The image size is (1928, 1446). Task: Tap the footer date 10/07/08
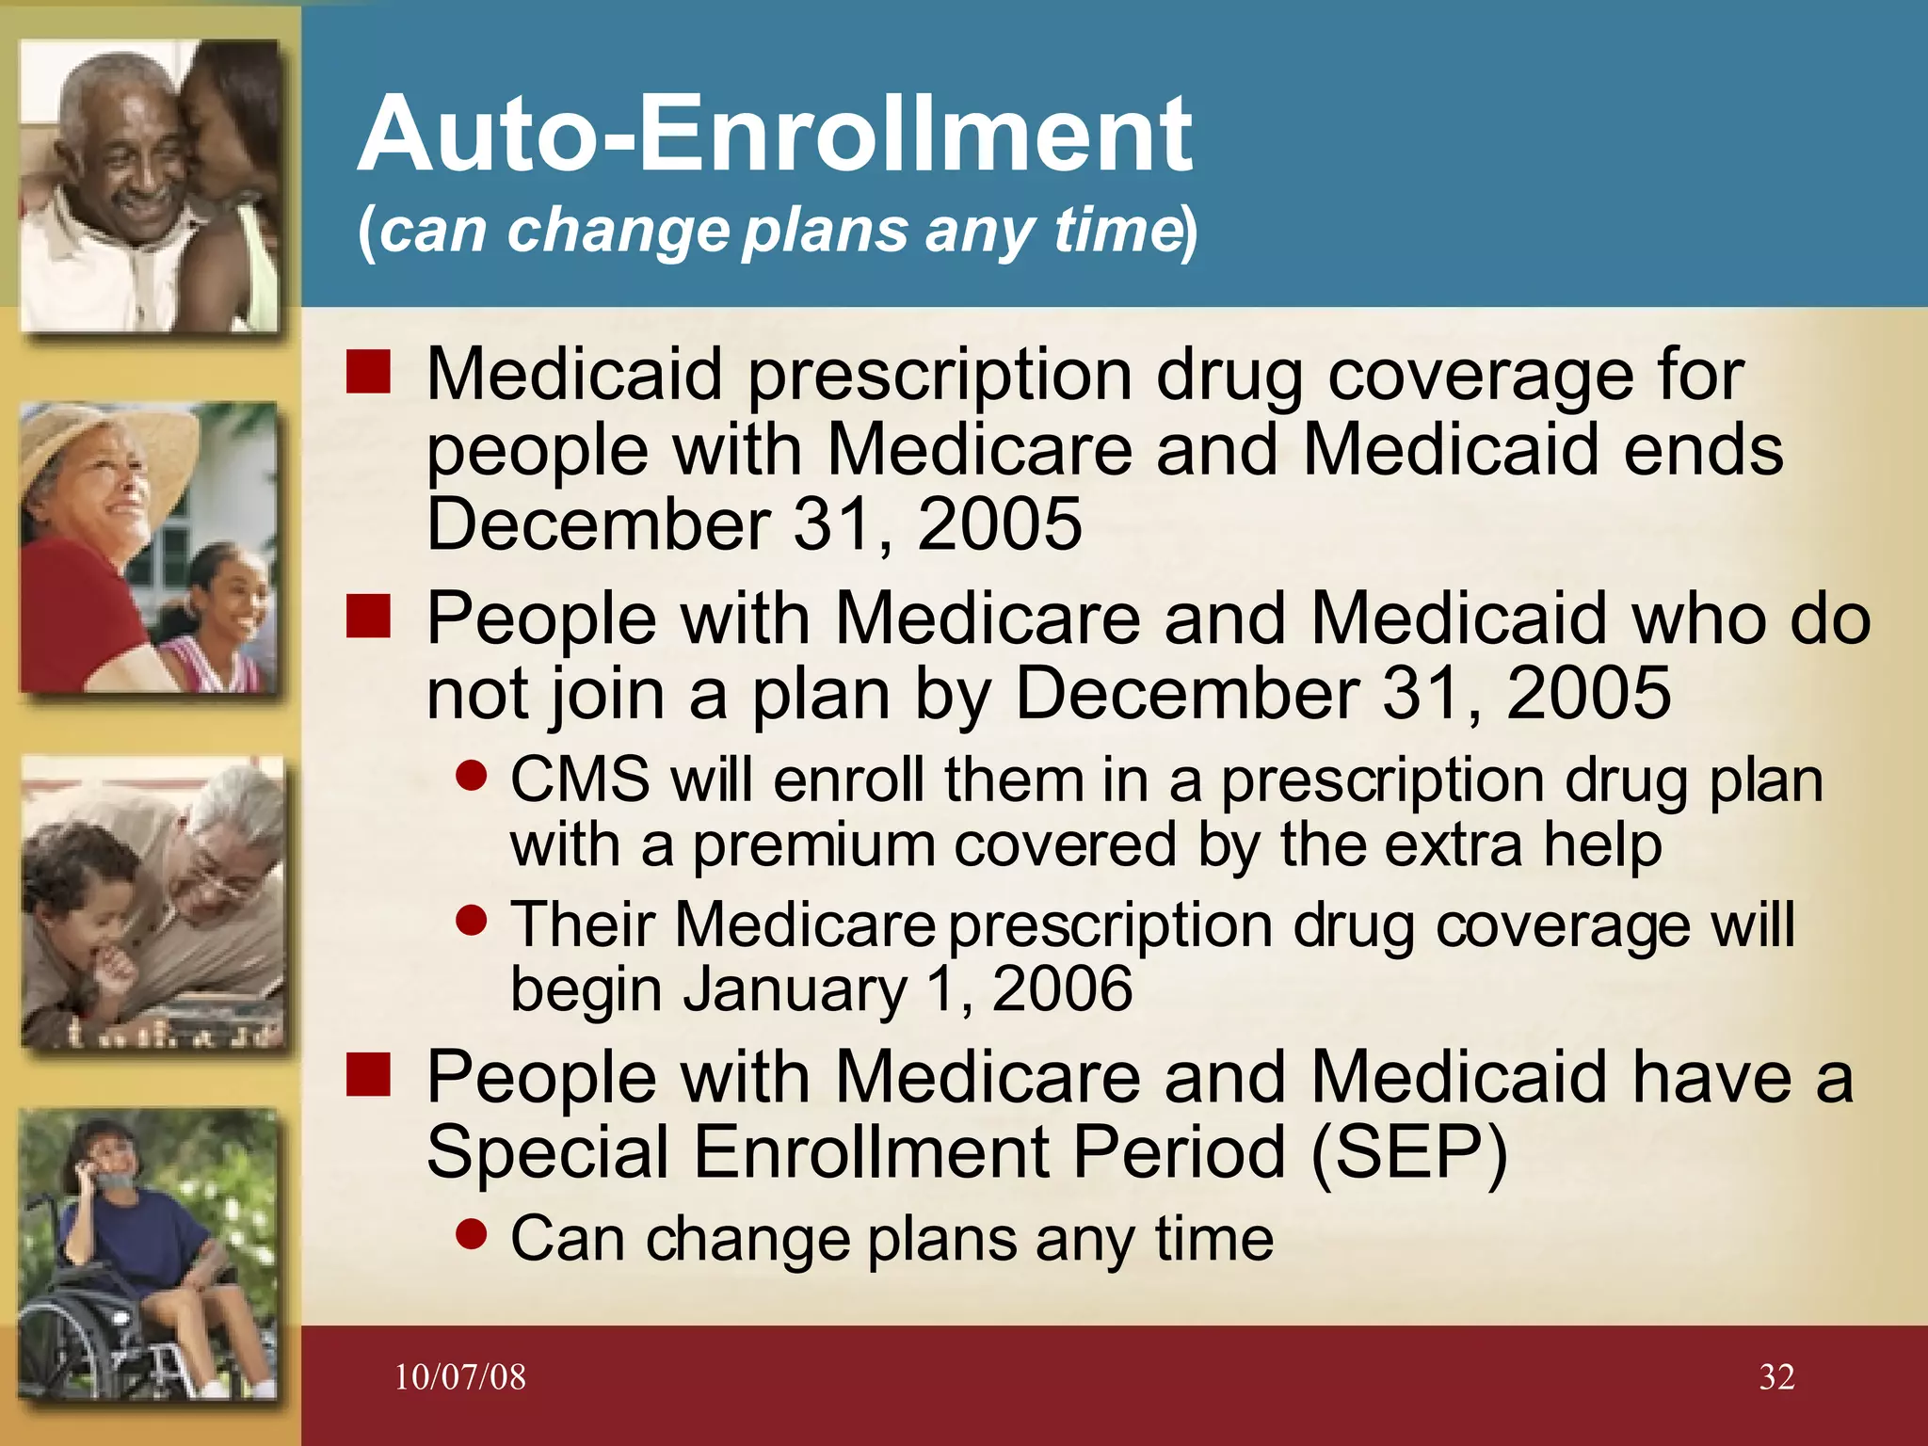pyautogui.click(x=459, y=1377)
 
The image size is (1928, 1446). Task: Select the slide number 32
pyautogui.click(x=1776, y=1377)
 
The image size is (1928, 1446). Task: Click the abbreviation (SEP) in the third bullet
pyautogui.click(x=1408, y=1152)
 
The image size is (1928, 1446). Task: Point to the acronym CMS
pyautogui.click(x=580, y=780)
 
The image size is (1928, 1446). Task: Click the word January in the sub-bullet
pyautogui.click(x=795, y=989)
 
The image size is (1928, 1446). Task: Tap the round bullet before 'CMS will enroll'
pyautogui.click(x=471, y=776)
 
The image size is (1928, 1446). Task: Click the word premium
pyautogui.click(x=813, y=846)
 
